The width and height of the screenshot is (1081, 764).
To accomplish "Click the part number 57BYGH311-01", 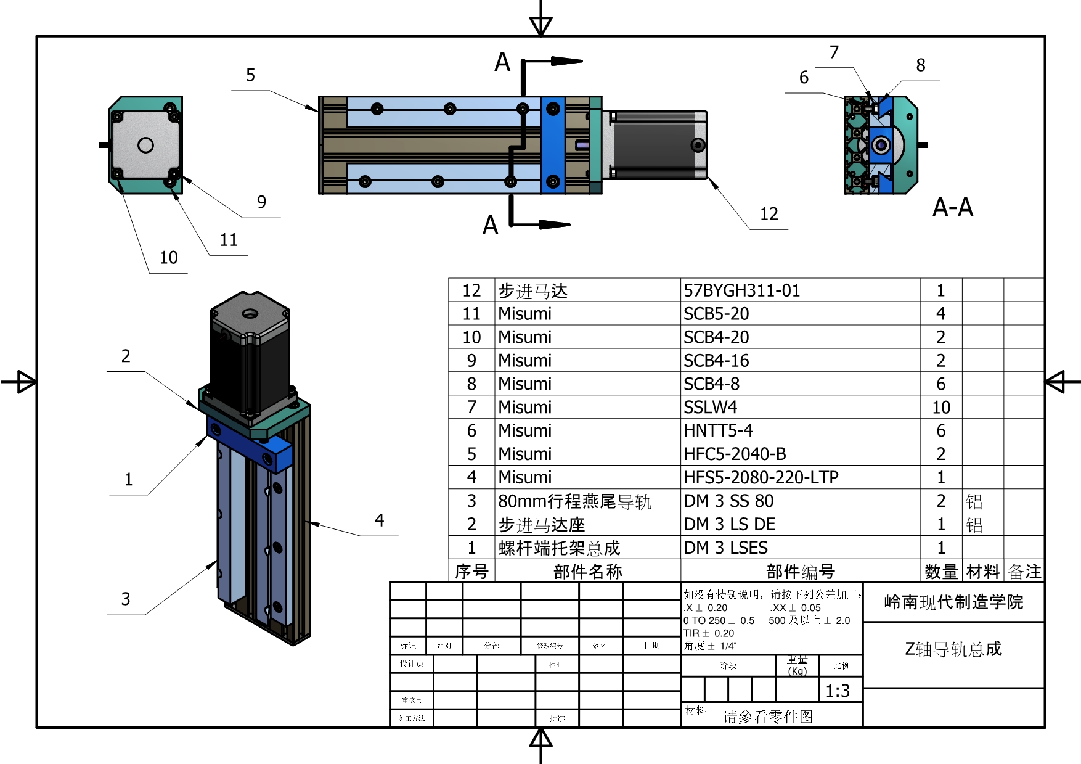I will point(741,290).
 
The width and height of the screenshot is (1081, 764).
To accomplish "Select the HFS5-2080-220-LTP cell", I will point(761,477).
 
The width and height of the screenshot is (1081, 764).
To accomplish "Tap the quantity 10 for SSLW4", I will point(940,408).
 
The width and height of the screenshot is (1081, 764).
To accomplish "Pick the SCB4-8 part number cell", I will point(711,384).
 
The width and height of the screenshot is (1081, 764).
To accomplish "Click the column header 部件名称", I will point(587,572).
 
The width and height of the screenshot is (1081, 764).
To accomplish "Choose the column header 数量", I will point(941,572).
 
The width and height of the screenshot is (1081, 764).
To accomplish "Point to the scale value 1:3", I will point(838,691).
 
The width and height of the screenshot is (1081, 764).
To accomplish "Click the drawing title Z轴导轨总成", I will point(953,649).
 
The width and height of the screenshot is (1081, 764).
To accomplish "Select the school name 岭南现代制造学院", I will point(953,602).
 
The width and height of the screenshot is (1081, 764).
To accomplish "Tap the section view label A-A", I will point(952,208).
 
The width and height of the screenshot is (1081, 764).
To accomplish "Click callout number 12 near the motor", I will point(769,214).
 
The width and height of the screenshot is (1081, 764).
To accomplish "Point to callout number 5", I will point(250,75).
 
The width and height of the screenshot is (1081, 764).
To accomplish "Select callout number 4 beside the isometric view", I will point(379,520).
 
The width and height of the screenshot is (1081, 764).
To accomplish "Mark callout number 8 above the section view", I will point(920,65).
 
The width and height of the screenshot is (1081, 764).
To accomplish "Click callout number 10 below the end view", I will point(168,258).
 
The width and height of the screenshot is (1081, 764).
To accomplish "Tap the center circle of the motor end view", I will point(145,145).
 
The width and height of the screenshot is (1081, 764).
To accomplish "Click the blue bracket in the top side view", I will point(553,146).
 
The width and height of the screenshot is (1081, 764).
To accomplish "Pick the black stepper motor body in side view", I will point(653,146).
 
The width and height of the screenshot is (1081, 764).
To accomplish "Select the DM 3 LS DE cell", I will point(729,525).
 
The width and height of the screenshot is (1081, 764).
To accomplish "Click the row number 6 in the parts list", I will point(471,431).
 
